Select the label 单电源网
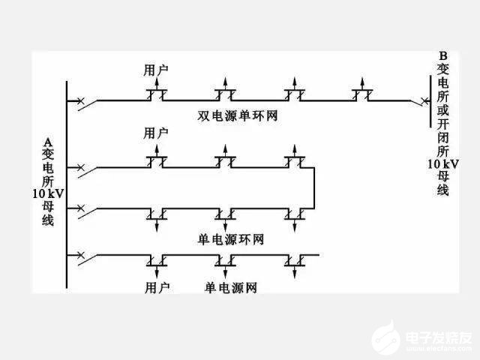[230, 287]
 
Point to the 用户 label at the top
[155, 70]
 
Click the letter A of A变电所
[48, 141]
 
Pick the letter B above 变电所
[442, 55]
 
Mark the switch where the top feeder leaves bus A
[84, 100]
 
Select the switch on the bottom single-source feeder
[84, 256]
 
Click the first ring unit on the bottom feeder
[156, 259]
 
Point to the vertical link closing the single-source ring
[313, 187]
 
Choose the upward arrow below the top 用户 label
[156, 82]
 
